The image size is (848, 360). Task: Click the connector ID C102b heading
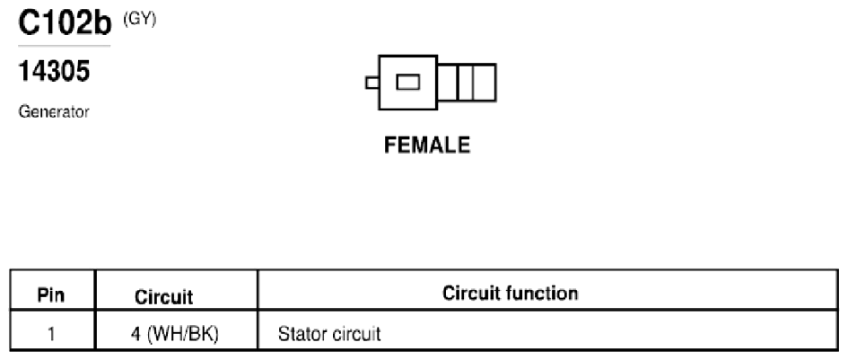(65, 22)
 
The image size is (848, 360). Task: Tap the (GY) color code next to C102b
(139, 20)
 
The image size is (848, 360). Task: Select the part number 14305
(54, 71)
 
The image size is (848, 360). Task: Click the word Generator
(54, 112)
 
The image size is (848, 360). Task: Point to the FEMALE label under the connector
(427, 145)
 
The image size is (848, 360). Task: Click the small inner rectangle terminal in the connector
(407, 83)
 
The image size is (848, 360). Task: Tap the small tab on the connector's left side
(372, 83)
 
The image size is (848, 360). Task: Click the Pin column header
(51, 295)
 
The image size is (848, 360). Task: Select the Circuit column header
(163, 296)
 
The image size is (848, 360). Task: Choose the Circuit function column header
(510, 293)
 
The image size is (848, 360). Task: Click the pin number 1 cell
(51, 333)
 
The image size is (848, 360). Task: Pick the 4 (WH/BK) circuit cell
(175, 333)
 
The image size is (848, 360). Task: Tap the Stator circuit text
(329, 333)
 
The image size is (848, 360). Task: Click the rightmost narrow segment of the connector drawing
(485, 83)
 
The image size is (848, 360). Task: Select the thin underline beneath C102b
(65, 46)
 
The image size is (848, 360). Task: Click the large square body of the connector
(407, 83)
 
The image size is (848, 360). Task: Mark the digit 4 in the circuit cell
(136, 334)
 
